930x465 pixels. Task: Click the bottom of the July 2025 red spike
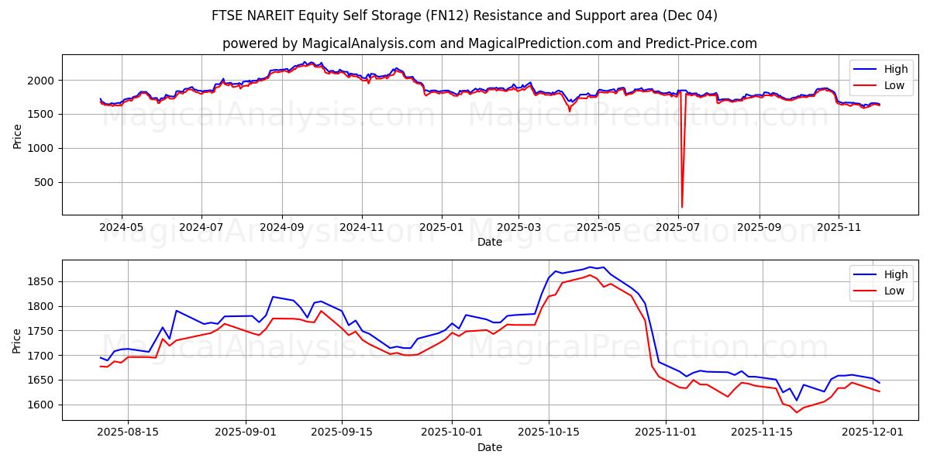coord(681,207)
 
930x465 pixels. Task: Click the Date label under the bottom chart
coord(490,447)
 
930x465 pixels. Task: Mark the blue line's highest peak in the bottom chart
coord(590,267)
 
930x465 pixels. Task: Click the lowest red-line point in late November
coord(796,412)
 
